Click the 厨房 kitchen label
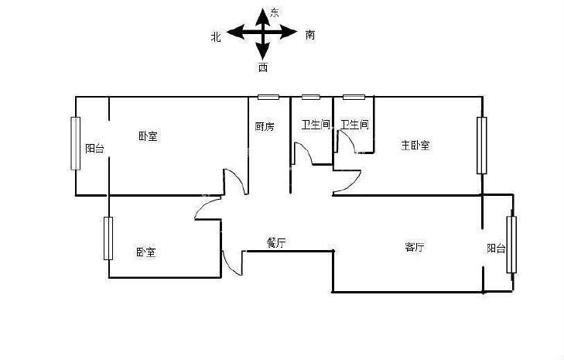[265, 127]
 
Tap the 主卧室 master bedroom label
[415, 145]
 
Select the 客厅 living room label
[415, 247]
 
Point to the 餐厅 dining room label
[276, 243]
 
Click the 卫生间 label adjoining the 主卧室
[354, 125]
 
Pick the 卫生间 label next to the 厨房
[316, 125]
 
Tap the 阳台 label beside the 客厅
[497, 248]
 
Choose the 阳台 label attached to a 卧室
[95, 149]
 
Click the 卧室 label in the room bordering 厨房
[148, 136]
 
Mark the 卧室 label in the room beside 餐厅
[145, 252]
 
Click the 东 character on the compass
[275, 13]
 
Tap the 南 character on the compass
[310, 35]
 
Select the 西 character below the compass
[263, 67]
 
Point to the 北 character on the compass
[216, 36]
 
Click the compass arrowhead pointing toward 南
[288, 33]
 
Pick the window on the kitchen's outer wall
[268, 98]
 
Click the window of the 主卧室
[482, 146]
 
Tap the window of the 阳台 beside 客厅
[511, 245]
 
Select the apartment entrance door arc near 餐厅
[232, 262]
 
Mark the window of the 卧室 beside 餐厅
[108, 238]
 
